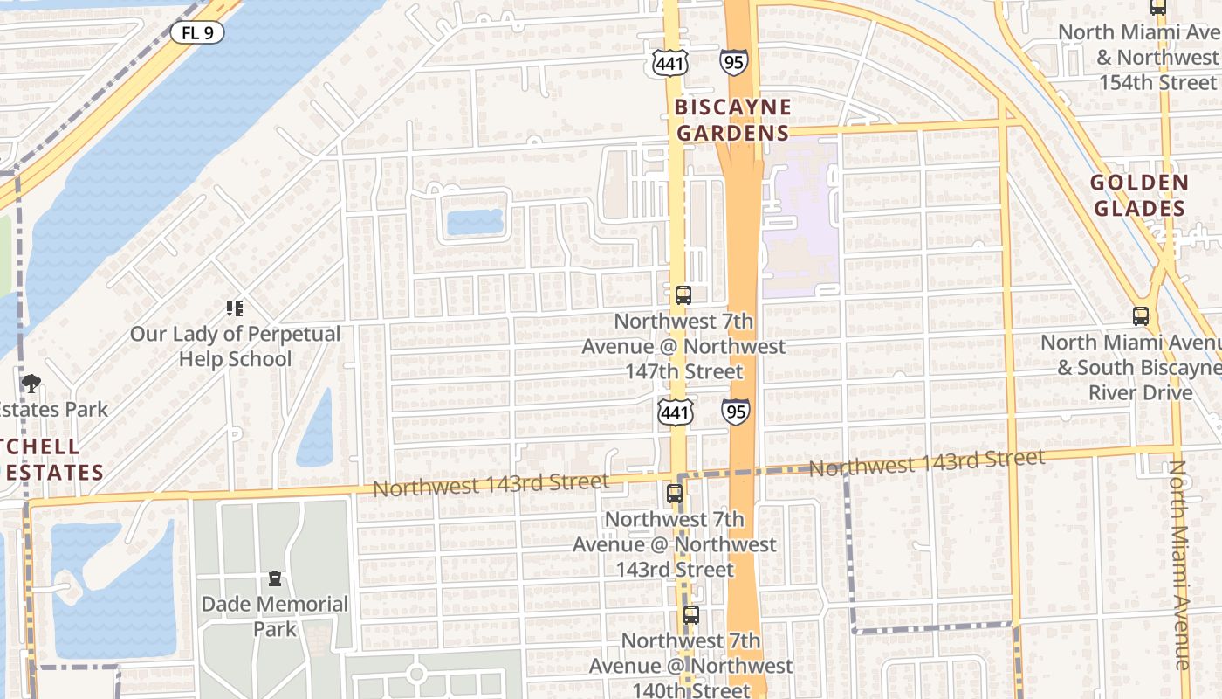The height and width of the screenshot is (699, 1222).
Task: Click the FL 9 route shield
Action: pyautogui.click(x=196, y=33)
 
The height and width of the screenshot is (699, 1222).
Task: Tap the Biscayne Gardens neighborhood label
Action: pyautogui.click(x=732, y=121)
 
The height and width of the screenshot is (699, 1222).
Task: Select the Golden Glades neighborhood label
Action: pyautogui.click(x=1139, y=196)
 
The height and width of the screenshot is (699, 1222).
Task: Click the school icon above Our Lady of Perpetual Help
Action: pyautogui.click(x=234, y=308)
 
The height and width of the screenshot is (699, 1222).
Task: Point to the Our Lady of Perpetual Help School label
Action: pyautogui.click(x=235, y=347)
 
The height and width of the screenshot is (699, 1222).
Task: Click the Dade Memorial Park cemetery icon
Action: pyautogui.click(x=275, y=578)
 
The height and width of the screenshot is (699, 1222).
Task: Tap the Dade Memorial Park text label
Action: pyautogui.click(x=275, y=616)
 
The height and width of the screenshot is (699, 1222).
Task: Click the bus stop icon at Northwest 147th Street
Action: pyautogui.click(x=683, y=295)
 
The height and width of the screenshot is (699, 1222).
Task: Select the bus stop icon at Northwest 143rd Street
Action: pyautogui.click(x=674, y=494)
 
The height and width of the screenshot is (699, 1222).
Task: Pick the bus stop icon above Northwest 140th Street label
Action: pyautogui.click(x=690, y=615)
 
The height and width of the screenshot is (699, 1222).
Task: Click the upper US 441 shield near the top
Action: pyautogui.click(x=669, y=61)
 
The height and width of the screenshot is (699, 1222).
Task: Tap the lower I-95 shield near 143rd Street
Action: pyautogui.click(x=735, y=412)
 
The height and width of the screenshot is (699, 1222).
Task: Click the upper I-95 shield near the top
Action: pyautogui.click(x=732, y=61)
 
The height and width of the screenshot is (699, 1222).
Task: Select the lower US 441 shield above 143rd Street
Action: pyautogui.click(x=675, y=413)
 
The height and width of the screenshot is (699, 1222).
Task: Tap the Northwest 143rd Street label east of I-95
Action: pyautogui.click(x=926, y=463)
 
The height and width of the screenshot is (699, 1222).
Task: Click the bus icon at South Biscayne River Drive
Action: pyautogui.click(x=1140, y=316)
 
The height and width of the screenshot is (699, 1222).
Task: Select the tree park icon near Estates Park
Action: pyautogui.click(x=31, y=383)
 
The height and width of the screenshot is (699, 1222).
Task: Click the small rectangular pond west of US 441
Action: pyautogui.click(x=475, y=222)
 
